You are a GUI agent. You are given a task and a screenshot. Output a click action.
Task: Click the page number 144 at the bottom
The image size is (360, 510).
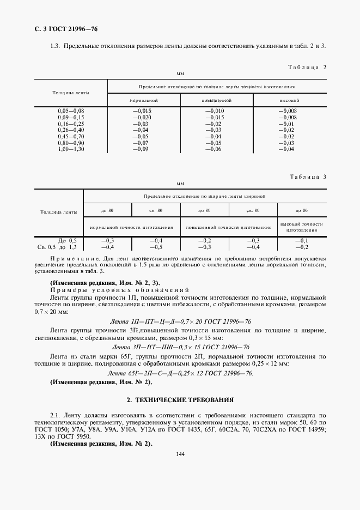tap(180, 455)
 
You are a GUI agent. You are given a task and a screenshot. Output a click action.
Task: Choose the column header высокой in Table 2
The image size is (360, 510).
tap(289, 100)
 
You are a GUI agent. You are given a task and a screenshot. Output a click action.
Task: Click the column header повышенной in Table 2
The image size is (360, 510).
tap(216, 100)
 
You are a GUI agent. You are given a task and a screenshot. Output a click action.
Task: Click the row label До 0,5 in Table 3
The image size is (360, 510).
tap(68, 240)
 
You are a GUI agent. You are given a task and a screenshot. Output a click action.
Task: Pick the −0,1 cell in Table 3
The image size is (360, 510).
tap(301, 240)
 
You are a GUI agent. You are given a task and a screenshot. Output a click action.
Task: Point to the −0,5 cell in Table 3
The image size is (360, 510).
tap(156, 246)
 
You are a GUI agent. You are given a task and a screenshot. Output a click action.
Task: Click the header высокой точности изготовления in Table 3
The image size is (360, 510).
tap(301, 227)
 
